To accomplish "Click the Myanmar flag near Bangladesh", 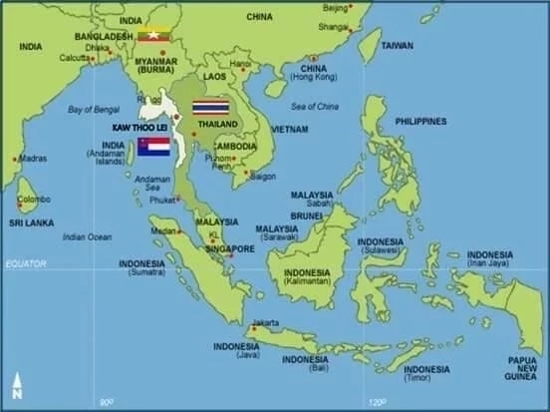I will [x=153, y=35].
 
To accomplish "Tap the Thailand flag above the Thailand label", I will [x=210, y=106].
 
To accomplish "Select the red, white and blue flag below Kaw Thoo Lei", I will [x=154, y=147].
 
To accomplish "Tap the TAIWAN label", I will [x=398, y=45].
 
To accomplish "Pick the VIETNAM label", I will [x=289, y=130].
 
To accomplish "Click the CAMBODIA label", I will [x=235, y=146].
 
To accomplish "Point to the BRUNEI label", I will [x=307, y=214].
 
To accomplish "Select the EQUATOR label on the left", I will [x=25, y=262].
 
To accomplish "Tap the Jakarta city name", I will [x=266, y=322].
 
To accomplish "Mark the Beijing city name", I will [x=336, y=8].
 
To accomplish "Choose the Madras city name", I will [x=32, y=158].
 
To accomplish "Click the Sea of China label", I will [x=314, y=106].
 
